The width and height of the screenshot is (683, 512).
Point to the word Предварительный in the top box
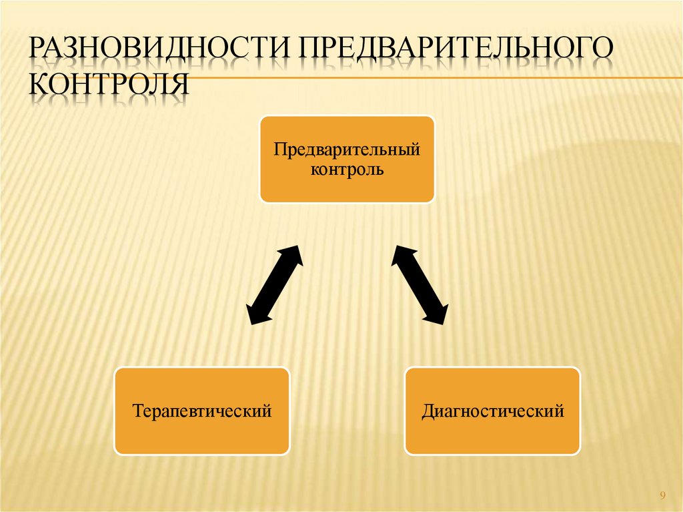347,148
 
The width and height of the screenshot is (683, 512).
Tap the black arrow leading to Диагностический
420,285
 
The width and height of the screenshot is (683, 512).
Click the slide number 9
662,495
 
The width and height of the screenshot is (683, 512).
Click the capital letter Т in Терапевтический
137,410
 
